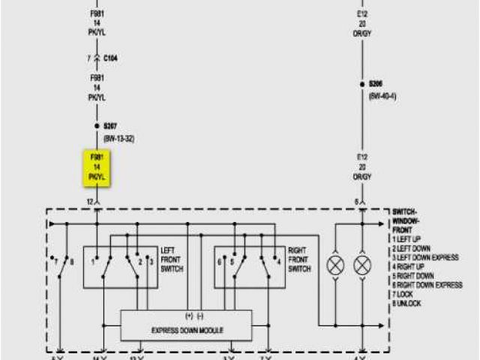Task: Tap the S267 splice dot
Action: click(x=97, y=126)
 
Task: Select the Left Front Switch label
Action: click(x=172, y=259)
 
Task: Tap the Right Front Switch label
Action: click(x=299, y=259)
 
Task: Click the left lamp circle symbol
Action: click(x=335, y=264)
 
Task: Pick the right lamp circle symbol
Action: click(x=361, y=264)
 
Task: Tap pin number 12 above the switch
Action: click(x=90, y=202)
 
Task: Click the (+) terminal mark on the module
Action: click(x=188, y=316)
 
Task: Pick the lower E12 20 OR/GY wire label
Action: click(x=362, y=168)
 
